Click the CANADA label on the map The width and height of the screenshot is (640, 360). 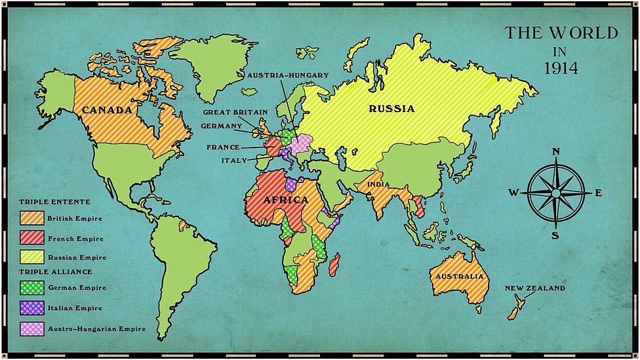(x=106, y=110)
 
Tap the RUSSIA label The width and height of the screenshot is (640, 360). (x=391, y=109)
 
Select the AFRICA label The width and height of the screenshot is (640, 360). (x=285, y=199)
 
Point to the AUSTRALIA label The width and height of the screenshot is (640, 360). (x=459, y=276)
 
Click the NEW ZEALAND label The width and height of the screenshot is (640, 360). (x=534, y=288)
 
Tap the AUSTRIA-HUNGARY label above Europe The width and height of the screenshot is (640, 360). (x=288, y=75)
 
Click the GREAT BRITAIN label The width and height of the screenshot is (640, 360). (x=235, y=112)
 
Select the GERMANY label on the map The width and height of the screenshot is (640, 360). (x=222, y=126)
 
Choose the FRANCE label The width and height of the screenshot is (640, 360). (x=223, y=147)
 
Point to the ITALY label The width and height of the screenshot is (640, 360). (x=234, y=160)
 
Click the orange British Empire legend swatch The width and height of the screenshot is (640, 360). (x=32, y=218)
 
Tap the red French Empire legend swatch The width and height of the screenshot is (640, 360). (x=32, y=238)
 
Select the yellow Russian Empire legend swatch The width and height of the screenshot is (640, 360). (x=32, y=257)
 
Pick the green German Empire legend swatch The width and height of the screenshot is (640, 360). (x=32, y=287)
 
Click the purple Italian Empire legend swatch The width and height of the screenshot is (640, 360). (x=32, y=308)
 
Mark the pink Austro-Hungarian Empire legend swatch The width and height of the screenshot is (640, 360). (x=32, y=328)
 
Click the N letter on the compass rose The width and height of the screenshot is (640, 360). (x=556, y=152)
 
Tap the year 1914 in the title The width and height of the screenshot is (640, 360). (x=560, y=68)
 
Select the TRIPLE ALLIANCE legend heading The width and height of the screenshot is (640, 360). (x=56, y=271)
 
